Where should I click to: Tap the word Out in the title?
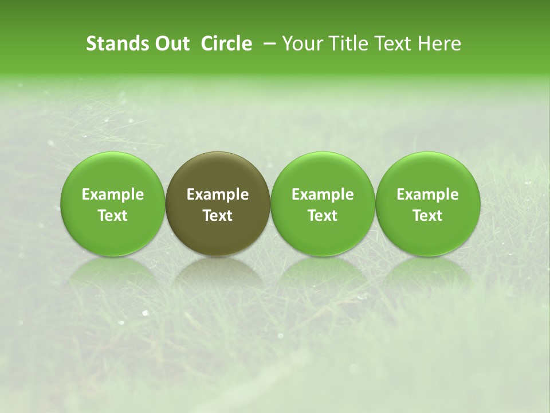[x=170, y=44]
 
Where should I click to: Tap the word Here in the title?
[x=440, y=44]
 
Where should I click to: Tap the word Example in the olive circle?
[x=218, y=194]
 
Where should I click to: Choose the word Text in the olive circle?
[x=218, y=216]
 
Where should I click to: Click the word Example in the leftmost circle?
[x=113, y=194]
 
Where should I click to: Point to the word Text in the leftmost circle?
[x=113, y=216]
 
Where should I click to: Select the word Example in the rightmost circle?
[x=428, y=194]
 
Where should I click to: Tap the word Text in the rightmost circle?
[x=428, y=216]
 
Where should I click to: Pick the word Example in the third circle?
[x=323, y=194]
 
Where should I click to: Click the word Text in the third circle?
[x=323, y=216]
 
